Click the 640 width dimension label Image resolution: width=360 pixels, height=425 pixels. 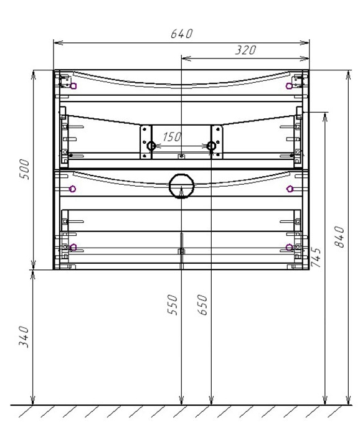[181, 34]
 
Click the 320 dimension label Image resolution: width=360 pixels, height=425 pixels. [245, 50]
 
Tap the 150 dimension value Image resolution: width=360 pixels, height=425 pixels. [172, 137]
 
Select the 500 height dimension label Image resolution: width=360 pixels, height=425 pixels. [24, 169]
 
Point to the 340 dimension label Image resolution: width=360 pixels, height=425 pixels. [24, 337]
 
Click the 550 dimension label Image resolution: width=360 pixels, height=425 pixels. [173, 305]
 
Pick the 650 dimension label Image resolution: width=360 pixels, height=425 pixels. [202, 305]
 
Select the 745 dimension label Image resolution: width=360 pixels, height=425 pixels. [316, 257]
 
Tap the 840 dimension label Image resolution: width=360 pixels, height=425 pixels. [339, 237]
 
